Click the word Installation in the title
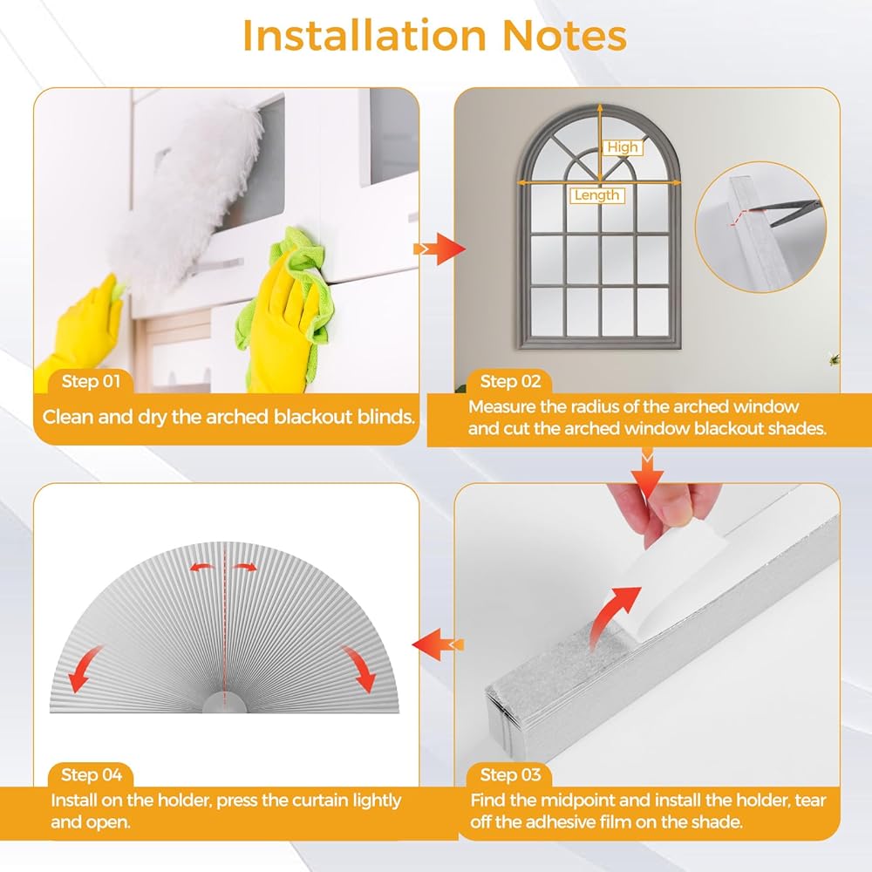364,36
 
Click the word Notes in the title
564,36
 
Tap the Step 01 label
91,382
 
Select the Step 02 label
510,382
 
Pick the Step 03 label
510,774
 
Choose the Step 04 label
92,774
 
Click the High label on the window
623,147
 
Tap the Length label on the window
596,195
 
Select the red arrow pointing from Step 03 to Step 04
438,644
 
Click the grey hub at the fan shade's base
224,703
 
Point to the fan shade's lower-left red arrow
85,669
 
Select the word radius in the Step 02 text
589,407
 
